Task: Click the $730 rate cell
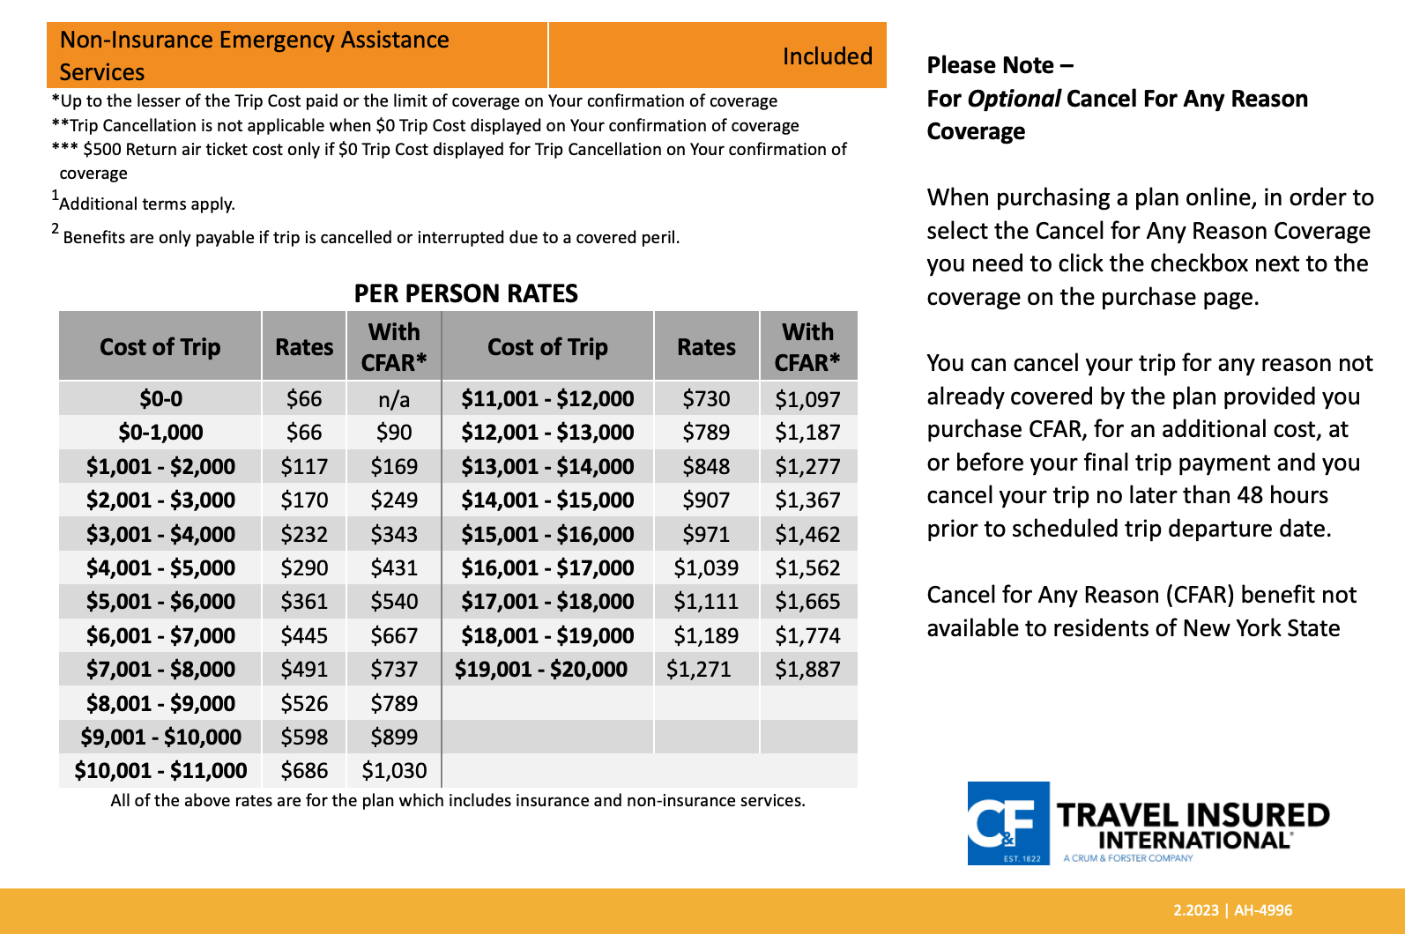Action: pos(706,399)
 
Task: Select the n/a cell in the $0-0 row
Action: pos(394,400)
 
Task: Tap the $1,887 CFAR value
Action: pos(807,670)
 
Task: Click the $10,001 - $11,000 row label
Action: pos(160,771)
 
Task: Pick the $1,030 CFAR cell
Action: pos(394,771)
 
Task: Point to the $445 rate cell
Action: pos(304,635)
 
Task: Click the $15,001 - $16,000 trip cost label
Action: pos(547,534)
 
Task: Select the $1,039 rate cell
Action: pos(706,568)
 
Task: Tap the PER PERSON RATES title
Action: pos(465,293)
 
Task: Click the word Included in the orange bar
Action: pos(827,56)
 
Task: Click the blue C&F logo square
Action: pos(1008,823)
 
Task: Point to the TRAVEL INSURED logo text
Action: pos(1193,815)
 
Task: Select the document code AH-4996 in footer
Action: pos(1263,910)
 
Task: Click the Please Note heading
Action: pos(1000,65)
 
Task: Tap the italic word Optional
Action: pos(1014,99)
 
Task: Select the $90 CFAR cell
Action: pos(394,433)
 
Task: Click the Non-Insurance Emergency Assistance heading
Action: pos(254,41)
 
